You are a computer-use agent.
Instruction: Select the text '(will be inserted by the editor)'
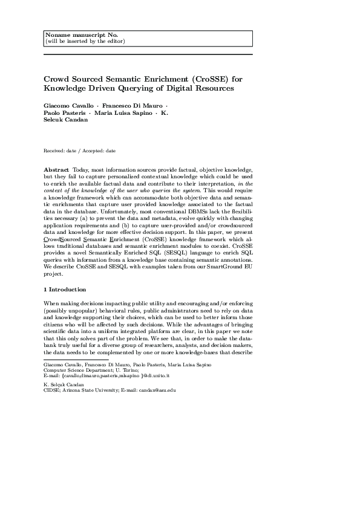point(85,41)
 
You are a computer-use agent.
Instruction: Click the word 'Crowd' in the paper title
point(57,79)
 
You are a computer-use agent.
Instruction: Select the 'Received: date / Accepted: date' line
point(80,150)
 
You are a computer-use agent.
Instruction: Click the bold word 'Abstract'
point(57,170)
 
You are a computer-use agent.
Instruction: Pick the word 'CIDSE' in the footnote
point(52,391)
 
